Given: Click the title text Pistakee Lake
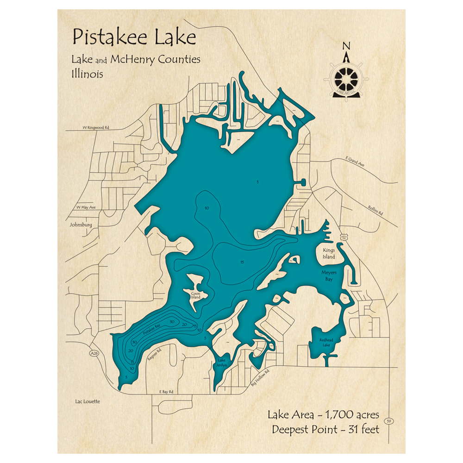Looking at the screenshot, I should [x=133, y=37].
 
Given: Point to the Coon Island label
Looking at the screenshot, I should [x=195, y=295].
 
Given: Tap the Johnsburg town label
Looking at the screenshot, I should [x=81, y=225].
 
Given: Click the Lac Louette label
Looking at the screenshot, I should [x=87, y=401].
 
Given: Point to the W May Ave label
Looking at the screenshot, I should [x=85, y=207].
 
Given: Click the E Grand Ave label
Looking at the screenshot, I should [x=355, y=163].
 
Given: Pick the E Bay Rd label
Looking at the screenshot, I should [x=166, y=391].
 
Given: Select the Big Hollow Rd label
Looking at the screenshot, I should [x=260, y=377].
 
